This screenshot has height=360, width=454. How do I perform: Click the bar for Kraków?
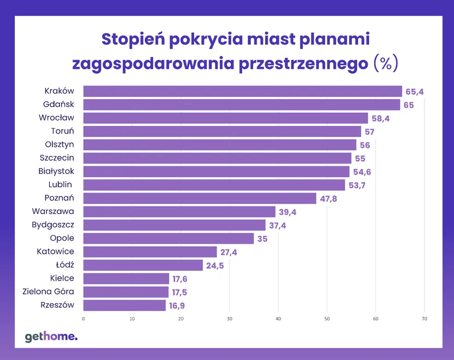242,91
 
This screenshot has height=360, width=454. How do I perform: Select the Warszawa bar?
179,212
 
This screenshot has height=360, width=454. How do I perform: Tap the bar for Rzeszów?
124,305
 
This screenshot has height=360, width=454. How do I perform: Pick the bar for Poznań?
200,198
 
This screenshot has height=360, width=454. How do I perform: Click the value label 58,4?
380,118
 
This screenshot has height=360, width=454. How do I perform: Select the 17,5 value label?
181,292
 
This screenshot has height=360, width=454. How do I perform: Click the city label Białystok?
56,171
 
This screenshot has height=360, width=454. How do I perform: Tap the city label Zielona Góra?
48,292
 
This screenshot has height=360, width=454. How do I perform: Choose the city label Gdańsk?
59,104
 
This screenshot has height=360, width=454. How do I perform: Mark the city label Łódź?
65,265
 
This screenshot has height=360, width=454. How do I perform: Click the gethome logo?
51,336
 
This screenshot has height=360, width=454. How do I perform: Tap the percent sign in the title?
386,63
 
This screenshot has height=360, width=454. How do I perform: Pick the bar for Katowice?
150,252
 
